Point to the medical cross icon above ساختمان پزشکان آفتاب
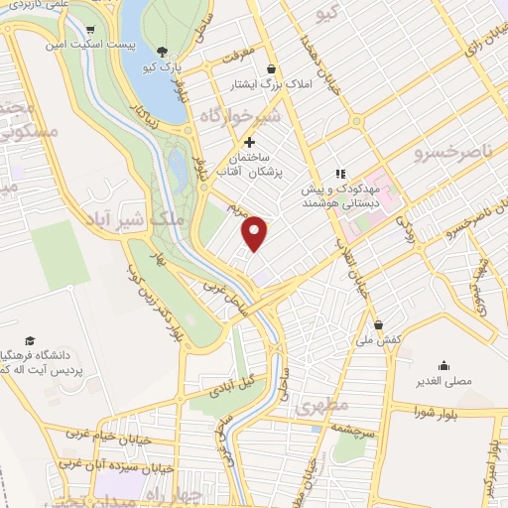[x=249, y=143]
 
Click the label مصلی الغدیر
[x=444, y=379]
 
